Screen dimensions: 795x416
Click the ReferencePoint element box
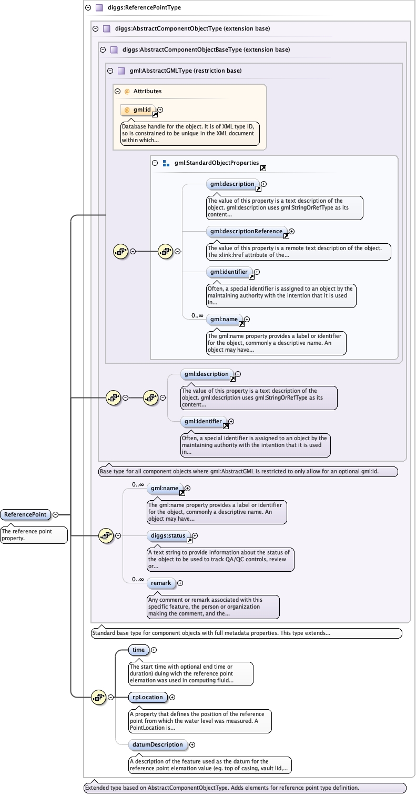(25, 514)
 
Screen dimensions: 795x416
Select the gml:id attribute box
(136, 110)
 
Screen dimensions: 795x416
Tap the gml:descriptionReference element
(246, 231)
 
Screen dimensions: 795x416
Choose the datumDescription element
(157, 744)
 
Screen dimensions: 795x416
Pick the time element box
(138, 650)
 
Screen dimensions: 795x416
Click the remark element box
(161, 583)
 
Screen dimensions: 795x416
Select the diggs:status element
(168, 535)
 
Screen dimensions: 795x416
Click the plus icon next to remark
(180, 583)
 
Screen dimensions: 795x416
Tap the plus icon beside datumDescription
(192, 744)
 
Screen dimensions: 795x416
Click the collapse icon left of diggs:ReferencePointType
(88, 8)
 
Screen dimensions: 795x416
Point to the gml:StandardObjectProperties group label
(216, 163)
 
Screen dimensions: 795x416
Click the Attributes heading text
(147, 91)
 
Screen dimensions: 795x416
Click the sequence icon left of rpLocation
(98, 697)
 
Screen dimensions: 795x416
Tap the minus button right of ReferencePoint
(55, 514)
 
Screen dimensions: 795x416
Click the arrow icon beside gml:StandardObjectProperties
(263, 168)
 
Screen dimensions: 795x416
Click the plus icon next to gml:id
(160, 110)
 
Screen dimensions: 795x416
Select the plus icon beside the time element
(154, 650)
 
